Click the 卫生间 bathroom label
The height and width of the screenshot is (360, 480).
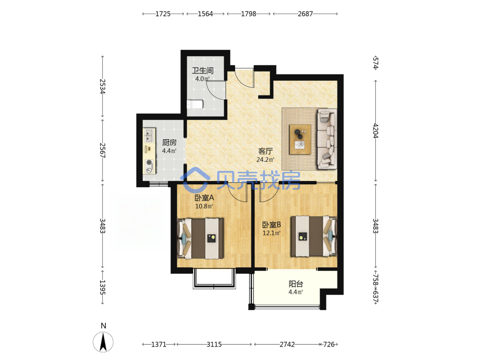pos(203,71)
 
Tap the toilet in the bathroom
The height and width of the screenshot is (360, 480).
pos(195,104)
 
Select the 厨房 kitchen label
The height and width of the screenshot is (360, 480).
pos(169,143)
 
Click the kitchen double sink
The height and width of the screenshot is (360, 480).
pos(149,135)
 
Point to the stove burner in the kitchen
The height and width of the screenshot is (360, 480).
pos(149,162)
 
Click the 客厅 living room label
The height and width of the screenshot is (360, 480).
pos(265,151)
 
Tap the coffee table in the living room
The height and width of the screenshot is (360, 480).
pos(300,139)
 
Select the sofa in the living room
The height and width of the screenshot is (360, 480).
pos(327,139)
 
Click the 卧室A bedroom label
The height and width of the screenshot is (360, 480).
pos(204,198)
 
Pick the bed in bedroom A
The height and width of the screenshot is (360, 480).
pos(200,238)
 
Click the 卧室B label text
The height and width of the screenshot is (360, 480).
pos(272,225)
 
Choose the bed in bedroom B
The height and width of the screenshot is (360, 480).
pos(314,236)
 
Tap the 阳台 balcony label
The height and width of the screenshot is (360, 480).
pos(296,284)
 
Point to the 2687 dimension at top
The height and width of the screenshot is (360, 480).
pos(305,14)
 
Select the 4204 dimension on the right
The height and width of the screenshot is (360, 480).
pos(376,131)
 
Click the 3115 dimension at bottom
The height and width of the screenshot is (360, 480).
pos(214,344)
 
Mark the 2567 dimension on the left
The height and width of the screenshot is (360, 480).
pos(103,150)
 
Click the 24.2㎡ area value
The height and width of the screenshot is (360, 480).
pos(265,159)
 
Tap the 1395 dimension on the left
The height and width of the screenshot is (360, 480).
pos(103,288)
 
